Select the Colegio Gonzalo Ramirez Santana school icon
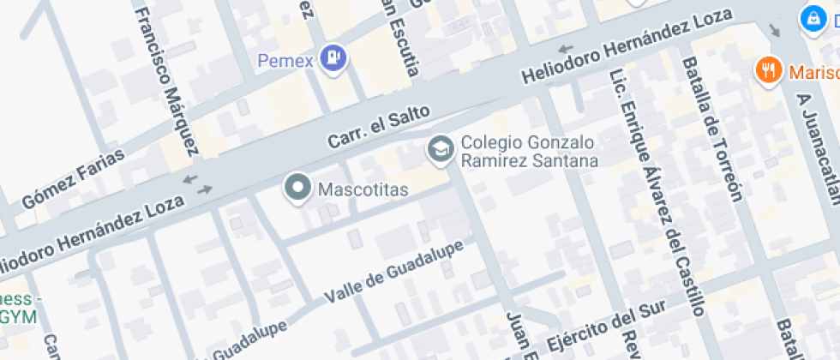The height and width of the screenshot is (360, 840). coord(441,149)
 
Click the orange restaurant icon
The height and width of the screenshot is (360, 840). coord(768,69)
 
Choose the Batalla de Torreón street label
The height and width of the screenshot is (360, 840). coord(711,129)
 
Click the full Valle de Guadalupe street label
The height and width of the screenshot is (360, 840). coord(393,270)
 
